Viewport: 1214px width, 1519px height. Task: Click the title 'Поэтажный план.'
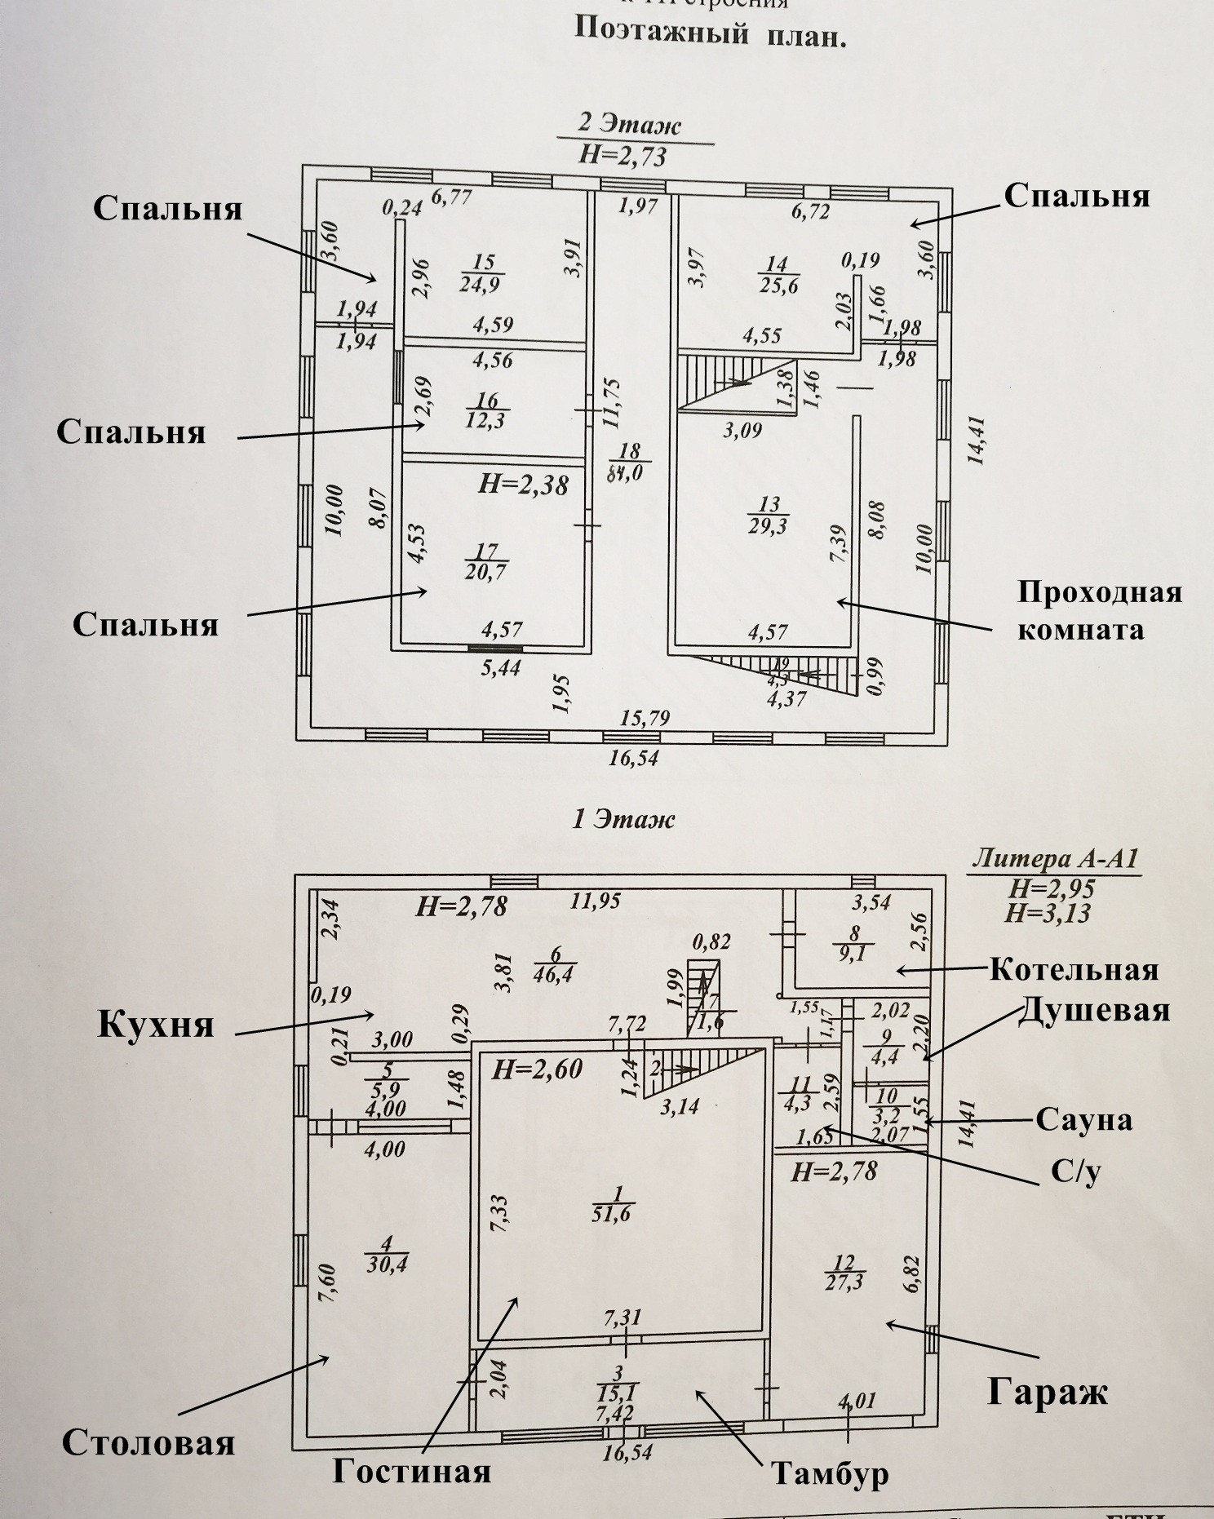coord(709,32)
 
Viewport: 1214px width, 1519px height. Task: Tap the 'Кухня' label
coord(156,1024)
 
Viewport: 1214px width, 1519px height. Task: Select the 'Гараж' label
coord(1048,1392)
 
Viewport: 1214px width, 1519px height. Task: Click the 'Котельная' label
coord(1074,969)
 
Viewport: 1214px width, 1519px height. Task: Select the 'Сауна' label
coord(1084,1120)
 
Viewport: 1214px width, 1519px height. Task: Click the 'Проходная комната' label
coord(1099,610)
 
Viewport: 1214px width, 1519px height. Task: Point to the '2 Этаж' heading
coord(629,125)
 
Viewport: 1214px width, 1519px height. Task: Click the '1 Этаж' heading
coord(623,818)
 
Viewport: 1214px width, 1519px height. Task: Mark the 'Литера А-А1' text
coord(1055,859)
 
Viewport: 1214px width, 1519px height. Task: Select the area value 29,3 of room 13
coord(769,526)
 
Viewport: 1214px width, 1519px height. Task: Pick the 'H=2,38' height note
coord(523,485)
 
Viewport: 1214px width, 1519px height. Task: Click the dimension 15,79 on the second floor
coord(644,719)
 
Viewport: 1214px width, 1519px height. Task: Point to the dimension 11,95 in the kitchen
coord(595,901)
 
